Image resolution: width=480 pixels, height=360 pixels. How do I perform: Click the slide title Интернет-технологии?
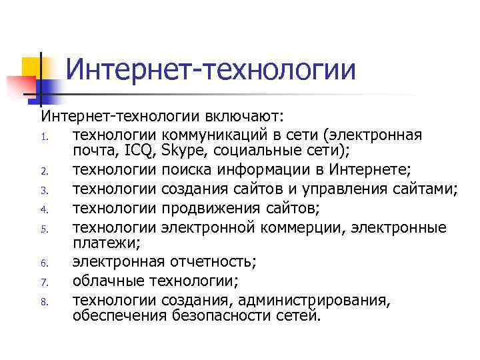pyautogui.click(x=211, y=69)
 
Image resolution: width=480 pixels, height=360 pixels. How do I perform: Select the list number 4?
pyautogui.click(x=42, y=211)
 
